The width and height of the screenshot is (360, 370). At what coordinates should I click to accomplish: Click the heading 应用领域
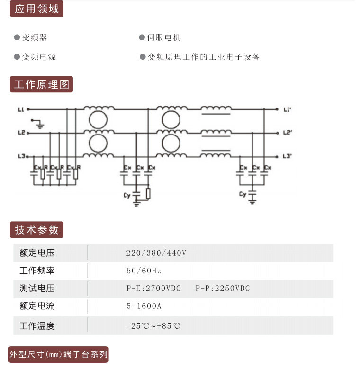[x=36, y=9]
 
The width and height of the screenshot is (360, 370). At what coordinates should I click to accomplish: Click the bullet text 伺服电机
[x=164, y=37]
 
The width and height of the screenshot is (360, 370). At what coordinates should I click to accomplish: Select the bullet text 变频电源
[x=39, y=57]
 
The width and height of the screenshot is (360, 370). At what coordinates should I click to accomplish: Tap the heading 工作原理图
[x=42, y=84]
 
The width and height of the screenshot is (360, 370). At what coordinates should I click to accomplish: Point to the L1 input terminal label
[x=21, y=109]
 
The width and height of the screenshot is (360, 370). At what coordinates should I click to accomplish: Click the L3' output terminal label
[x=288, y=156]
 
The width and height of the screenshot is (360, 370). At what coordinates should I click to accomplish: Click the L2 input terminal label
[x=21, y=133]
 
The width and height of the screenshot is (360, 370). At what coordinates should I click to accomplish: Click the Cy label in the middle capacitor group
[x=127, y=195]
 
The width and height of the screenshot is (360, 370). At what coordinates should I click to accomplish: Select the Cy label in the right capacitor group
[x=243, y=194]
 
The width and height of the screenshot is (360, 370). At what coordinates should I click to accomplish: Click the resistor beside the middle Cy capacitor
[x=148, y=193]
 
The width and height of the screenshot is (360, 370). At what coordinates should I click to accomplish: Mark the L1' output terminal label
[x=288, y=109]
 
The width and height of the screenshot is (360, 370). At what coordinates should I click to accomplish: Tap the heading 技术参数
[x=36, y=230]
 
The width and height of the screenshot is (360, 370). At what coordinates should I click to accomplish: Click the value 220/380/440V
[x=156, y=253]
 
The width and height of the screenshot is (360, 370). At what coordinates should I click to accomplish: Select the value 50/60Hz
[x=144, y=271]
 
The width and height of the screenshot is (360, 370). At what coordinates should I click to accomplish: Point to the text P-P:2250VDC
[x=223, y=289]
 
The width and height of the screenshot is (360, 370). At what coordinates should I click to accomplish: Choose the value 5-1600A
[x=144, y=306]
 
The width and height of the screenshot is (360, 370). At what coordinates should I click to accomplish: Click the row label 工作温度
[x=37, y=326]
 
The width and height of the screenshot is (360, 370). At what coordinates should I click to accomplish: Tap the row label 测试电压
[x=37, y=289]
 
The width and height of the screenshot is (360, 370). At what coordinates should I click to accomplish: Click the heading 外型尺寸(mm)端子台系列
[x=58, y=354]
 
